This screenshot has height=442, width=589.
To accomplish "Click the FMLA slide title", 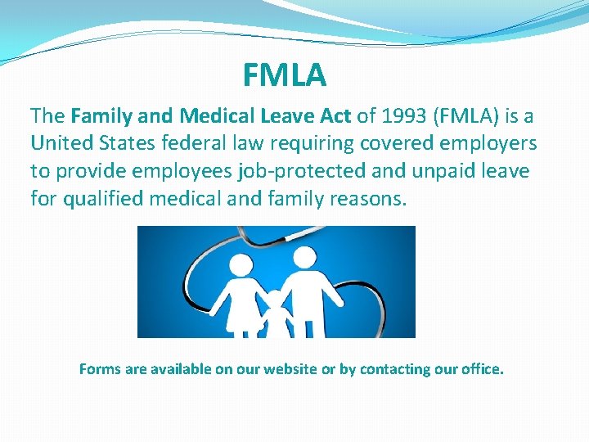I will pos(285,75).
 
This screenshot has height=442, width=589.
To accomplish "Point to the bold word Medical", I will pos(208,116).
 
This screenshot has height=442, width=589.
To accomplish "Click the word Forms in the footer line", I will pos(99,369).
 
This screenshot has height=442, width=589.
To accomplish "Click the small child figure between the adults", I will pos(275,311).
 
